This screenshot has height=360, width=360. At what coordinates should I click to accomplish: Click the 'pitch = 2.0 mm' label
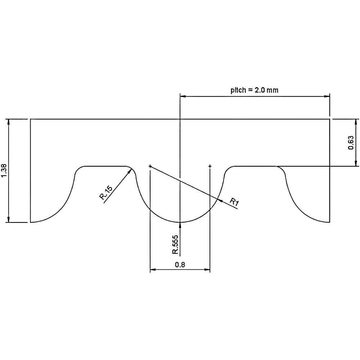[x=254, y=90]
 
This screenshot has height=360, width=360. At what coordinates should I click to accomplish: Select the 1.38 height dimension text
[x=4, y=171]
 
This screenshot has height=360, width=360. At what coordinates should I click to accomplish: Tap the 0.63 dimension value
[x=351, y=143]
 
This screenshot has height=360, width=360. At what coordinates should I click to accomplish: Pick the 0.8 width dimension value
[x=180, y=265]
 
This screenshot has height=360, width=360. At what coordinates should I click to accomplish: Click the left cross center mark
[x=150, y=166]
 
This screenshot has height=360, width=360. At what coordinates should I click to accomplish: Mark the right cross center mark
[x=210, y=166]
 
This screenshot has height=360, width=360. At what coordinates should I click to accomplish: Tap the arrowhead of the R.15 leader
[x=130, y=172]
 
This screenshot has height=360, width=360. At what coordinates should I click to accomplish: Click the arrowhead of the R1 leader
[x=220, y=200]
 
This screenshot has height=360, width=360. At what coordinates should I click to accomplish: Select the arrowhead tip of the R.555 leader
[x=180, y=224]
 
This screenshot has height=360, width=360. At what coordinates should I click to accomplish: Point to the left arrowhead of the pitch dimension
[x=182, y=96]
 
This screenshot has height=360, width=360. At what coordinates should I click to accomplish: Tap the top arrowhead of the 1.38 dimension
[x=9, y=121]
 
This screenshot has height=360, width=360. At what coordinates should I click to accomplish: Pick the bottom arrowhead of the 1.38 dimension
[x=9, y=220]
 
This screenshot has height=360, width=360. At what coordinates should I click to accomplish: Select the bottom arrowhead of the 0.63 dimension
[x=356, y=164]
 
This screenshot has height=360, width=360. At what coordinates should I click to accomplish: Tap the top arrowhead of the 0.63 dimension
[x=356, y=121]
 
